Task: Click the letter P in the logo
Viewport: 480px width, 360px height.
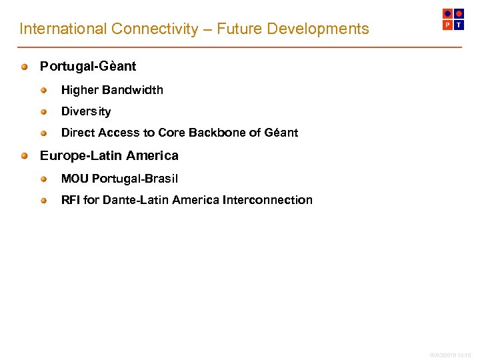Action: (x=447, y=25)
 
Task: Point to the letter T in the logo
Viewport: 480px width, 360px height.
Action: (x=459, y=25)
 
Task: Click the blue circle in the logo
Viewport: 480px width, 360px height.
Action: (x=447, y=13)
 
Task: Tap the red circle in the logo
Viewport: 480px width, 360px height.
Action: (x=459, y=13)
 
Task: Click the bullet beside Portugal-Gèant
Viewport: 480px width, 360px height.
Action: (x=24, y=67)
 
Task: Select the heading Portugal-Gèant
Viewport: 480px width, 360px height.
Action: (x=88, y=67)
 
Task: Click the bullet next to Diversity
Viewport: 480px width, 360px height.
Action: (x=44, y=111)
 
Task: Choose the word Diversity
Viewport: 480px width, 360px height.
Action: (x=86, y=111)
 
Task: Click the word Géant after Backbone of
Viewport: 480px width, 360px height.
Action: (x=281, y=133)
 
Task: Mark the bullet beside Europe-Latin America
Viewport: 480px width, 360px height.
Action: (x=24, y=156)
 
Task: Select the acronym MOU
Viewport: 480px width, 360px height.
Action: (x=75, y=179)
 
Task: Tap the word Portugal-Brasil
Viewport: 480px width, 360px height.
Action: (x=135, y=179)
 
